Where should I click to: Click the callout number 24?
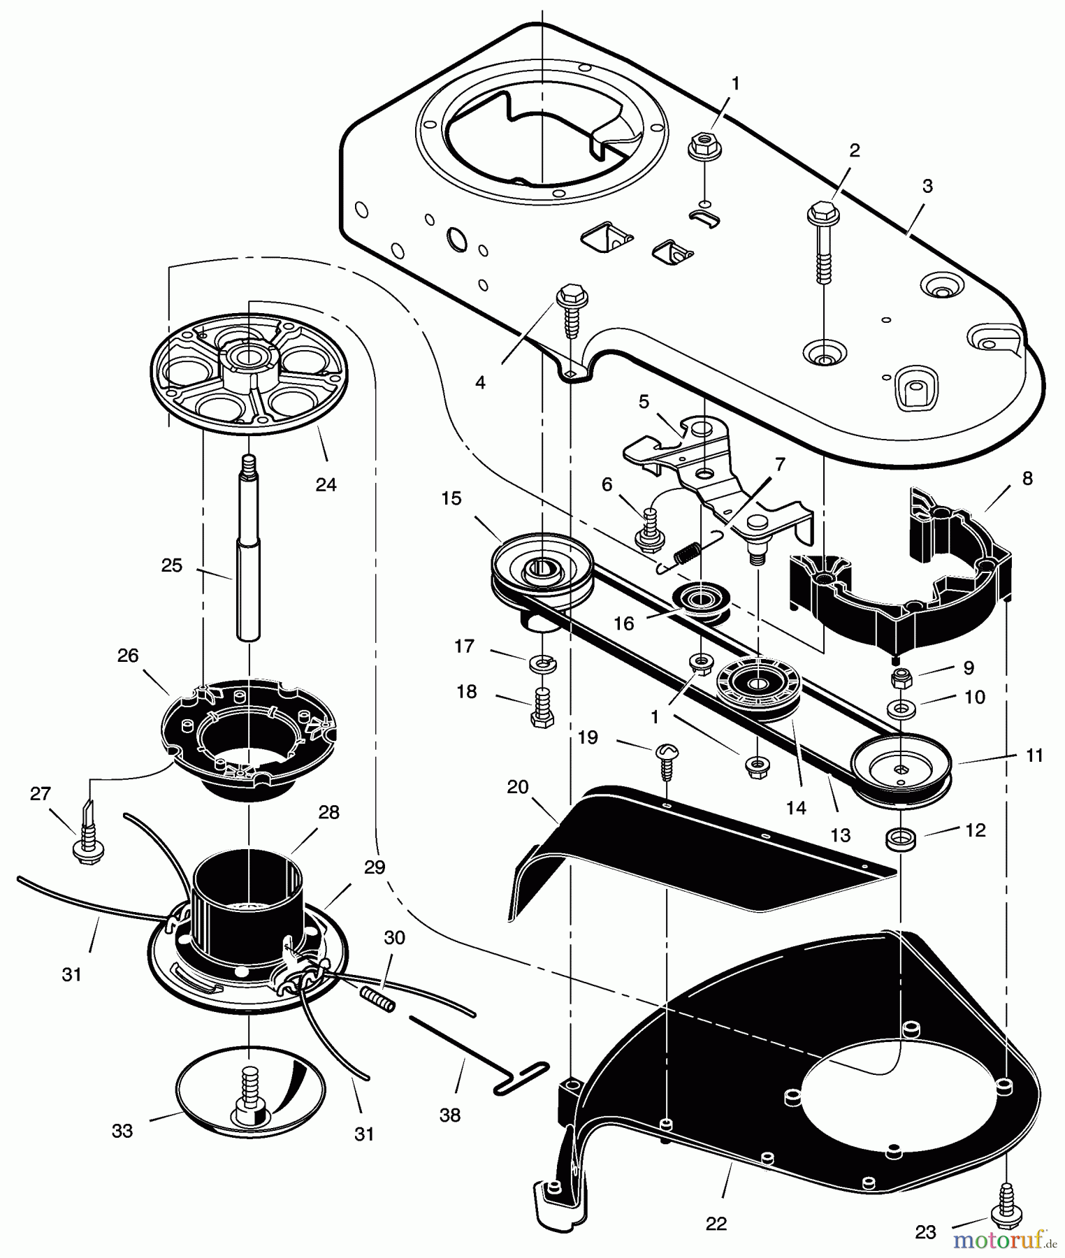point(326,484)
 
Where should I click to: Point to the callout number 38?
point(450,1115)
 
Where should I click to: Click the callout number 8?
point(1027,479)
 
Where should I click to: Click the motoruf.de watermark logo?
point(1000,1241)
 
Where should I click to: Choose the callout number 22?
point(716,1223)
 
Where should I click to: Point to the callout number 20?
point(517,787)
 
